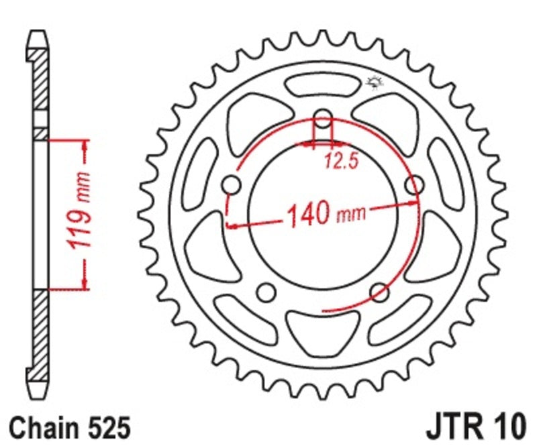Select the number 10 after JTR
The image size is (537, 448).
click(509, 426)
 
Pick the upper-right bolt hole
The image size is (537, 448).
click(415, 184)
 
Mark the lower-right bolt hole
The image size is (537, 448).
click(380, 292)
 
